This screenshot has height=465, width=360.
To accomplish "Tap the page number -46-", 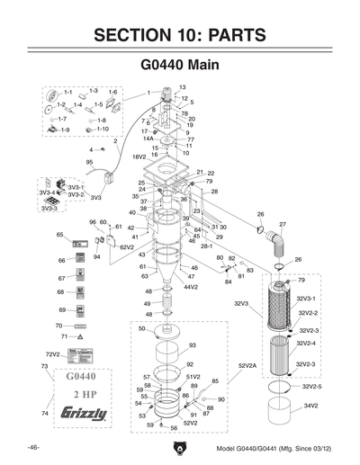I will point(33,447).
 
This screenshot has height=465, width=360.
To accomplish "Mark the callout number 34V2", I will point(311,407).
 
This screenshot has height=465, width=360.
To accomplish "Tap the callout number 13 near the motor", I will point(169,87).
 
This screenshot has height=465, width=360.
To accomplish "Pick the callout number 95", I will point(90,162).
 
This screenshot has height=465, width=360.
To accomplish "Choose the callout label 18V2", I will point(139,156).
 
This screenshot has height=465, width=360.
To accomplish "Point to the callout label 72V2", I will point(52,355).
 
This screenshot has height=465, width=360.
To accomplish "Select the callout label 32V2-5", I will point(311,386).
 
